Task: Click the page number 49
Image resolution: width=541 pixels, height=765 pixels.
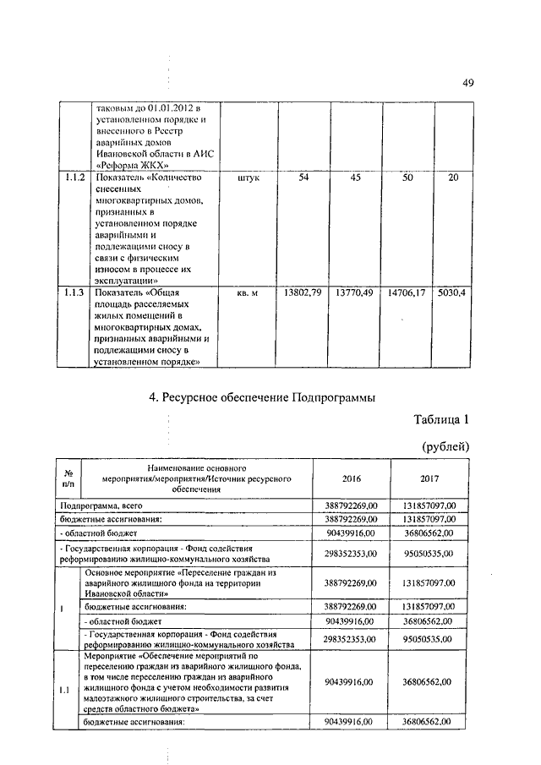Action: click(467, 82)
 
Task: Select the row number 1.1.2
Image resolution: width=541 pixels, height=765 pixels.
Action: click(74, 179)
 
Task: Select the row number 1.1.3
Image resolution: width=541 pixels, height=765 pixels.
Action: click(74, 292)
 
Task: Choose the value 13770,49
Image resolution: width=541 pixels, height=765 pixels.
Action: click(355, 292)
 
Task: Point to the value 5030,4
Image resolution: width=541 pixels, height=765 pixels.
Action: click(451, 292)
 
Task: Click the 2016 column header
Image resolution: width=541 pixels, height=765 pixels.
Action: click(351, 478)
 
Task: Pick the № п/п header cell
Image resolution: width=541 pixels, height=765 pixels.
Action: click(68, 478)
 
